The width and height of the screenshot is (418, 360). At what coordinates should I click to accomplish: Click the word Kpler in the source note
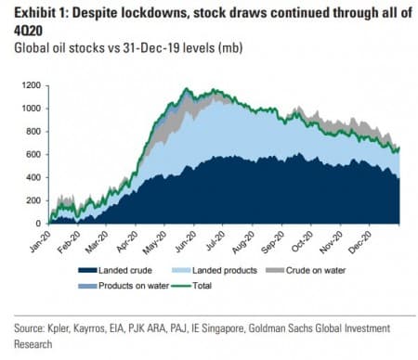point(67,328)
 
